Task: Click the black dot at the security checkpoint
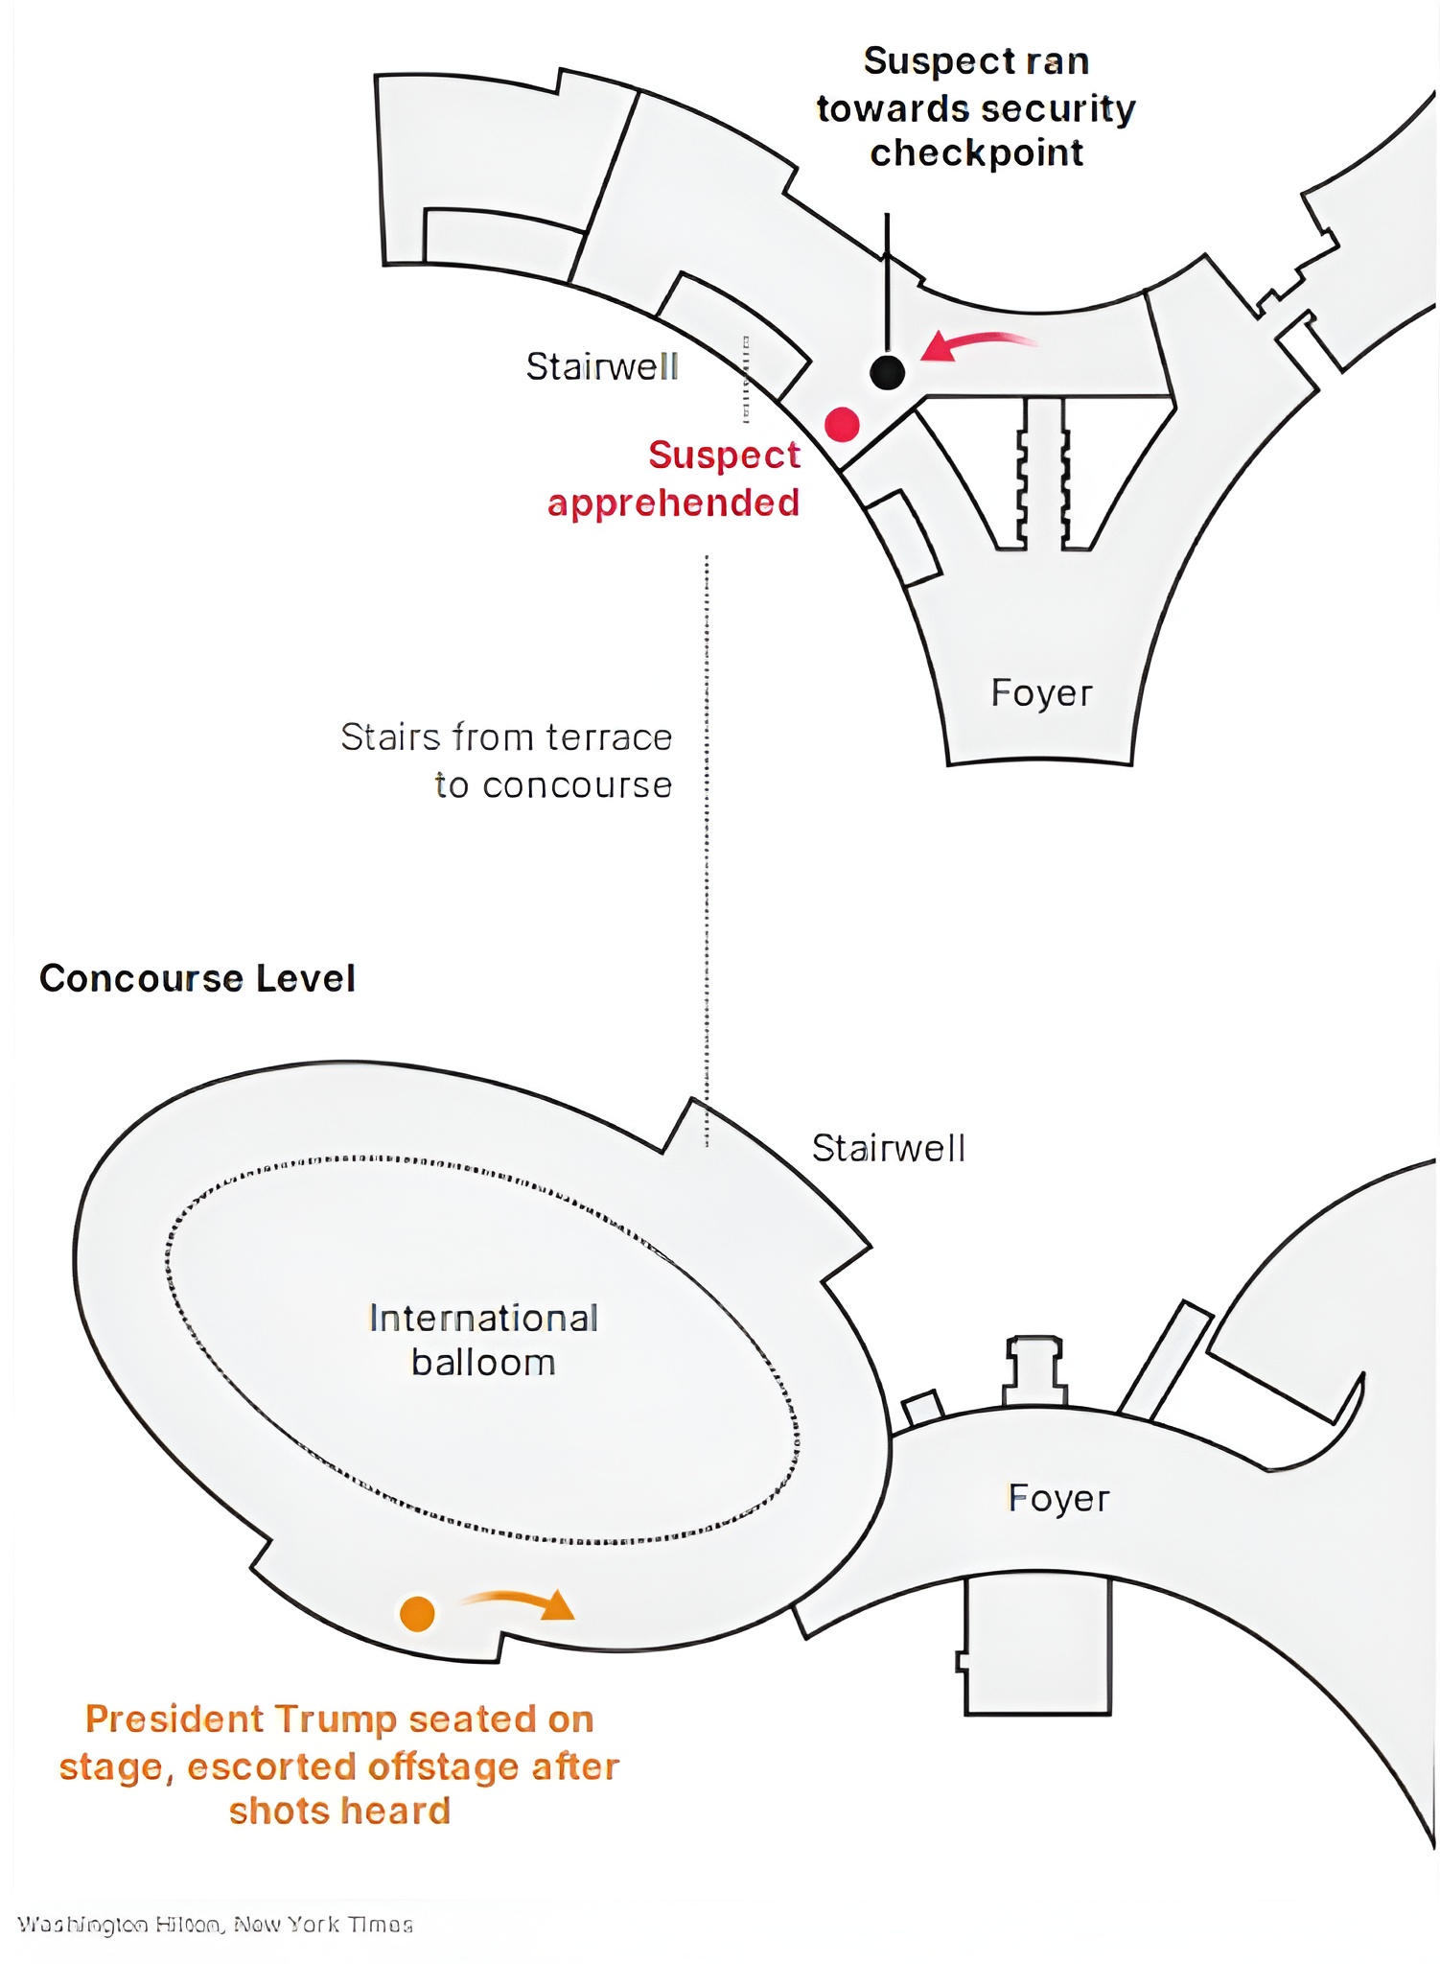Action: (887, 371)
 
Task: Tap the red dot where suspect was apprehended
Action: (842, 424)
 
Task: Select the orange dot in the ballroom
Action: (417, 1613)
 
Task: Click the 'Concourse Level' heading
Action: (197, 978)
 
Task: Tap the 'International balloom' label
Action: (483, 1340)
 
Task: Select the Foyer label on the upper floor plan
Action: (1041, 692)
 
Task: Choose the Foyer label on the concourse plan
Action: (1058, 1498)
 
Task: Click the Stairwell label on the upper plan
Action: (602, 366)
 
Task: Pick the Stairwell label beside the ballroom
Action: (889, 1148)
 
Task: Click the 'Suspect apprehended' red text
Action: (675, 479)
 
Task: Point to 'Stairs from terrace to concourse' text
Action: (507, 760)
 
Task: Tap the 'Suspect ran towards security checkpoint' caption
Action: (976, 106)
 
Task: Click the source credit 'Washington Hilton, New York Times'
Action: (216, 1925)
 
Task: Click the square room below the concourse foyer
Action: (1037, 1646)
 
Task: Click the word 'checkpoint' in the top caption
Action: (976, 153)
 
